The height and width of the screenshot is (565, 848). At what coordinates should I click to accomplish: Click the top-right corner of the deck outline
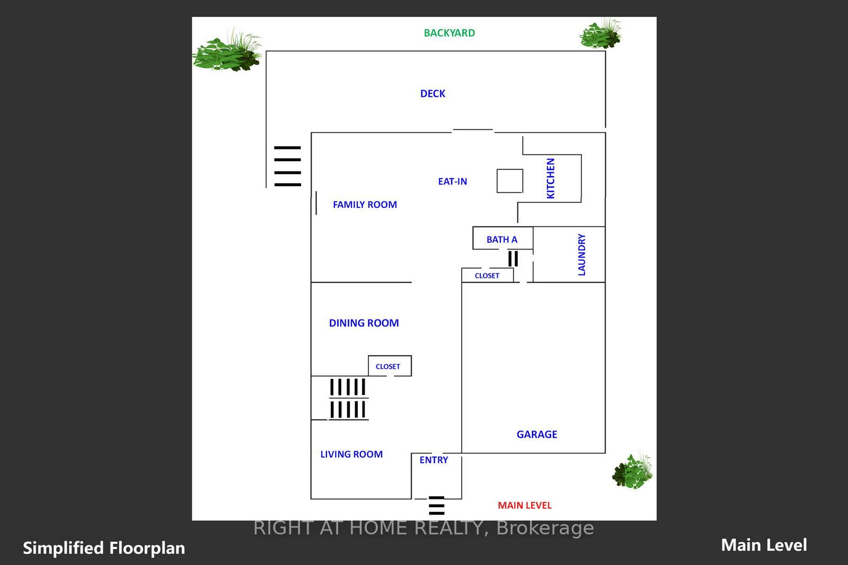tap(605, 51)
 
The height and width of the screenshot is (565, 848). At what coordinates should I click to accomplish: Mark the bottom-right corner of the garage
tap(605, 453)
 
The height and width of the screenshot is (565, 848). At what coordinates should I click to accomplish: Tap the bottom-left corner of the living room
tap(311, 499)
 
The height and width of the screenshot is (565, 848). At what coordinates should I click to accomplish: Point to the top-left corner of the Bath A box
tap(473, 227)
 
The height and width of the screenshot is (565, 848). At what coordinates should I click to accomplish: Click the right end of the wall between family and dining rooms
tap(411, 282)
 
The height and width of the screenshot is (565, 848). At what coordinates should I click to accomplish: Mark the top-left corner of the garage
tap(462, 282)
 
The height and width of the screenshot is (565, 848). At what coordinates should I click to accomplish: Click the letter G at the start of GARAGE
tap(520, 435)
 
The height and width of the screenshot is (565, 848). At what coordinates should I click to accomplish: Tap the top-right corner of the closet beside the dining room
tap(411, 356)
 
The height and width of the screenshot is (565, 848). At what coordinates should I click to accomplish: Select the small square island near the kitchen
tap(510, 181)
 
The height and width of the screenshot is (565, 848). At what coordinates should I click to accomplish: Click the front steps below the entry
tap(437, 506)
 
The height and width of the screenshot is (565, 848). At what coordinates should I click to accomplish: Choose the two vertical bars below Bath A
tap(513, 259)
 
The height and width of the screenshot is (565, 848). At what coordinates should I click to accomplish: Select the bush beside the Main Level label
tap(633, 471)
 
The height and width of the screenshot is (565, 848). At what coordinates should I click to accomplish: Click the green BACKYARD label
tap(449, 33)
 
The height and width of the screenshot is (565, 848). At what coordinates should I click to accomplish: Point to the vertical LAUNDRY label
tap(582, 254)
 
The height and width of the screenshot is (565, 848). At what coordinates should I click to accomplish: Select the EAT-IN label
tap(453, 181)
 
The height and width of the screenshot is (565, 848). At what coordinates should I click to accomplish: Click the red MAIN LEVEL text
tap(525, 505)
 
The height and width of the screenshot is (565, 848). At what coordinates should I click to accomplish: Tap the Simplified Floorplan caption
tap(104, 548)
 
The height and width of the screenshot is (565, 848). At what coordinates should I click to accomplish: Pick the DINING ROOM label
tap(364, 323)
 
